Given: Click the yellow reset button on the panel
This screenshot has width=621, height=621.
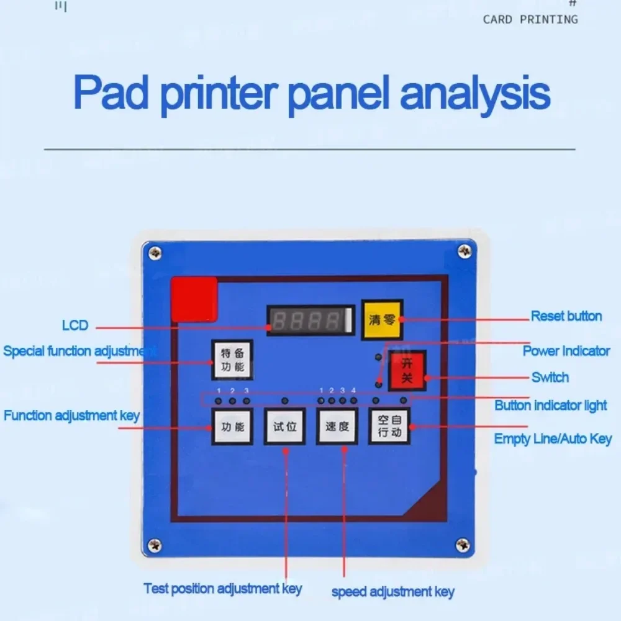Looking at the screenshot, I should pos(382,320).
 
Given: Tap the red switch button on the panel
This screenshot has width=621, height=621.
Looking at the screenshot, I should pos(407,371).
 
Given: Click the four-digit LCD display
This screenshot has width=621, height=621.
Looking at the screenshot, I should pos(309,321).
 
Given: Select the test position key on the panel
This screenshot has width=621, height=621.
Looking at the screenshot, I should pos(285,427).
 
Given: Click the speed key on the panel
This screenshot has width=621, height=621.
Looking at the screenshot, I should pos(337,427).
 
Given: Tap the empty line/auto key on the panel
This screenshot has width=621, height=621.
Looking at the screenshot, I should pos(390,427).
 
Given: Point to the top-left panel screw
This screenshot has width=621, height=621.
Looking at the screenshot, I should pos(155,253).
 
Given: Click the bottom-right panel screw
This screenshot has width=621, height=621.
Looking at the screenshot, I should pos(463,545).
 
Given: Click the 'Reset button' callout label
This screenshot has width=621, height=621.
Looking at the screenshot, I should pos(566,316).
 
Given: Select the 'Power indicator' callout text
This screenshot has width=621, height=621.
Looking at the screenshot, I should pos(566,351).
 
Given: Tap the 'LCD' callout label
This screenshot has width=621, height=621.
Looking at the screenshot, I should pos(75,325).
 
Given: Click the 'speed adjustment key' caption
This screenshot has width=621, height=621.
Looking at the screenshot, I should pos(392,592).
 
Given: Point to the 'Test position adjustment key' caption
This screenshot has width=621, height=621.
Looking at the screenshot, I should pos(222,588).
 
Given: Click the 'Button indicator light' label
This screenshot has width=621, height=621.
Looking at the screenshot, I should pos(550,406).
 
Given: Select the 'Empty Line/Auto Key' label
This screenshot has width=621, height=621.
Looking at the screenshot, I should pos(553,439).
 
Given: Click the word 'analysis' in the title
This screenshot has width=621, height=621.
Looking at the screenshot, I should pos(475,94).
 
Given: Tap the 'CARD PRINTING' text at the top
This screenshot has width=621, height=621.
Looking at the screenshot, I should pos(530,19).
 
